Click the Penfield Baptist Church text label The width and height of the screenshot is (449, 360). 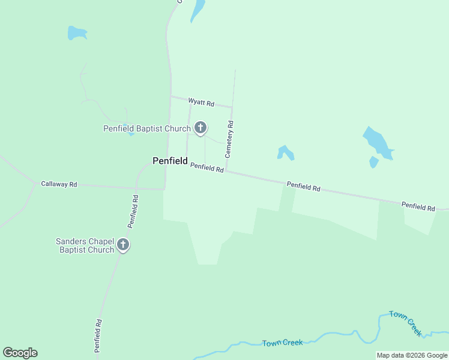(146, 128)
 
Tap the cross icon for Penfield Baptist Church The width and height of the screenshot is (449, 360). (200, 127)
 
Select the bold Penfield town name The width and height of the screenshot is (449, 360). (170, 161)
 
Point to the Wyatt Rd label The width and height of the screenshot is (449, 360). (201, 103)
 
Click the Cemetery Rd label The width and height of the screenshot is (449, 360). (229, 139)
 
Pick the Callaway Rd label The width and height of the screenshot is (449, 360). (59, 184)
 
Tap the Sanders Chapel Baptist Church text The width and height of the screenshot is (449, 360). (85, 245)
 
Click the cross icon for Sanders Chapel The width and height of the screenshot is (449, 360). (123, 244)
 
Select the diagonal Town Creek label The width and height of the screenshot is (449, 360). (406, 323)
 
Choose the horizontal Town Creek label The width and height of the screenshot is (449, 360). (282, 343)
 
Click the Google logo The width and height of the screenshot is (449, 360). (20, 353)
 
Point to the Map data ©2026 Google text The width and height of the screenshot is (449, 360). (412, 356)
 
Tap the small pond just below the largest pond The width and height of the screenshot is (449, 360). (373, 162)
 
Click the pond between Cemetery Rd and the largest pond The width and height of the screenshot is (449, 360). (285, 152)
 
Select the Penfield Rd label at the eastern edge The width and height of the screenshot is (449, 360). (418, 206)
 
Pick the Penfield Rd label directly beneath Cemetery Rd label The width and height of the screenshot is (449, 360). (207, 169)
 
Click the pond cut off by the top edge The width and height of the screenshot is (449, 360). (197, 9)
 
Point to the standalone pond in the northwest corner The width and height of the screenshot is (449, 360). (77, 32)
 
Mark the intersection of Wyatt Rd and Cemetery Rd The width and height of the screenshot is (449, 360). (232, 107)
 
